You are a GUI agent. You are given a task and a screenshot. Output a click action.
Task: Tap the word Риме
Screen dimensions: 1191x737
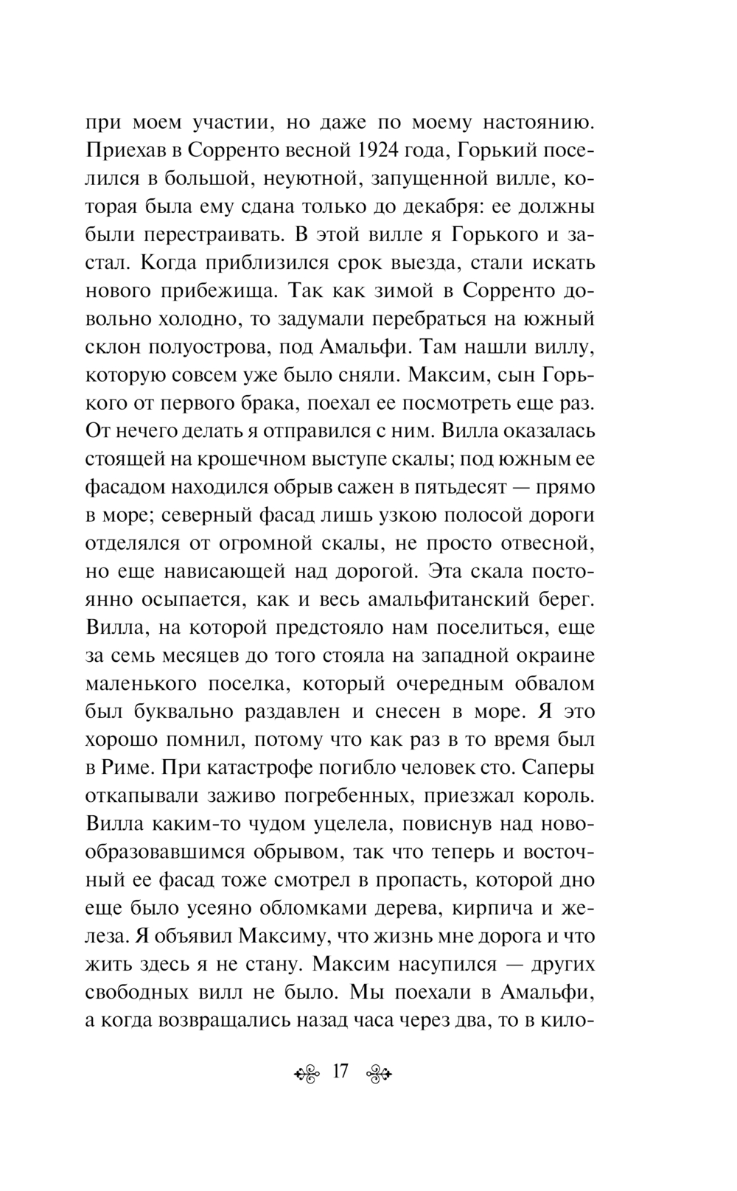pos(123,767)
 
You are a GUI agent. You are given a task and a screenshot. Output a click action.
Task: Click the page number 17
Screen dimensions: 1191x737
pos(340,1072)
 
